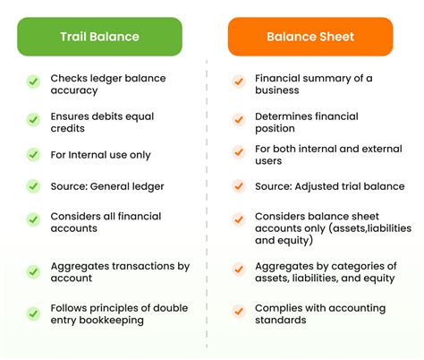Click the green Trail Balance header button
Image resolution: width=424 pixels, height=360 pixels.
(x=99, y=37)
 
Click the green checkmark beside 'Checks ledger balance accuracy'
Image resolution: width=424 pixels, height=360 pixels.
(x=33, y=81)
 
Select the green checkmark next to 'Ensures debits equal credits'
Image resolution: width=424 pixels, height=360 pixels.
(x=33, y=119)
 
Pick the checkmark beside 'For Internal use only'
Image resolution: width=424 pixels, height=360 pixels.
(x=33, y=154)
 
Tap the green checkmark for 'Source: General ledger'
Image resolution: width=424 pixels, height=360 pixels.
(x=33, y=186)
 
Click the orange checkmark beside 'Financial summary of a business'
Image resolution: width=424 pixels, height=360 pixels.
(x=239, y=81)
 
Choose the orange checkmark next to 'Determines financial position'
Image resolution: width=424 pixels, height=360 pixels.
(x=239, y=118)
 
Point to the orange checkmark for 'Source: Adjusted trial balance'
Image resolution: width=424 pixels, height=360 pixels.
(x=239, y=186)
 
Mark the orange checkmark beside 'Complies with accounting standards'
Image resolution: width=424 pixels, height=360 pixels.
(x=239, y=311)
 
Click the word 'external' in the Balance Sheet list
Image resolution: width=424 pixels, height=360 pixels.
(x=365, y=149)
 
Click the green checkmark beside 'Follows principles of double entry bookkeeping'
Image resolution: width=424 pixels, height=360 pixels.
(x=33, y=313)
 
